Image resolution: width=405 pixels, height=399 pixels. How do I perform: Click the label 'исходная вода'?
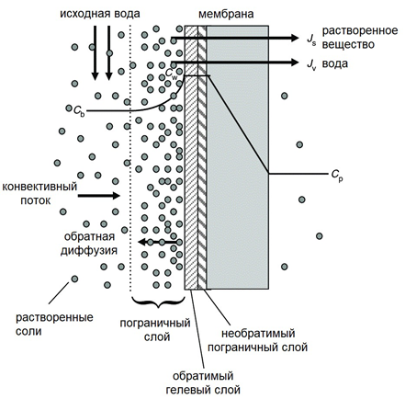100,14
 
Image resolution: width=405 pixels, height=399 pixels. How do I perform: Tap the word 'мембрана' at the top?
226,14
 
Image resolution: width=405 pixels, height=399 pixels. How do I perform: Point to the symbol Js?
311,40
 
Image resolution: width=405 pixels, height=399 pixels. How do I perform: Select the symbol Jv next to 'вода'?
311,65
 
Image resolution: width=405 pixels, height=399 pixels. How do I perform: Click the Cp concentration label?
337,176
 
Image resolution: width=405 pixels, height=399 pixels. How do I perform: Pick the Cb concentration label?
79,110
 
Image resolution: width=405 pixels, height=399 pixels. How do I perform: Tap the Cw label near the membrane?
172,74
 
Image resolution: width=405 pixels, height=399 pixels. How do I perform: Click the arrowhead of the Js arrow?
295,38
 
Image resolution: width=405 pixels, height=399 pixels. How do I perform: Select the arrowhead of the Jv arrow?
295,63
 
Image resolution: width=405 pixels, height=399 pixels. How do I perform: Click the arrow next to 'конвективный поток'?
98,195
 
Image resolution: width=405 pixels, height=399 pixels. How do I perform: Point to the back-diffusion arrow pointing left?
157,242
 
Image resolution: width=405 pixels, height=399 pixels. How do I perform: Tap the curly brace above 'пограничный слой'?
158,302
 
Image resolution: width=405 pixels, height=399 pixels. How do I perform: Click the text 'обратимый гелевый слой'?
203,383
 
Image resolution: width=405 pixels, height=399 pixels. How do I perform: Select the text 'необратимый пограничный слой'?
258,340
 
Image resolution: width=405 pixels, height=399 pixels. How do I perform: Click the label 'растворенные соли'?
54,325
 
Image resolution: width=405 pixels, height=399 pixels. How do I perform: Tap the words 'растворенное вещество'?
360,38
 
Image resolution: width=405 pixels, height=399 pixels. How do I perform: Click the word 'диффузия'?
89,251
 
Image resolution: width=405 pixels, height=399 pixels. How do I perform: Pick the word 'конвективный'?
39,187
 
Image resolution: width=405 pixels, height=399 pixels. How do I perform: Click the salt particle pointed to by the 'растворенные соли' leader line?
74,279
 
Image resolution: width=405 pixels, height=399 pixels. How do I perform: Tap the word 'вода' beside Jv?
335,63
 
